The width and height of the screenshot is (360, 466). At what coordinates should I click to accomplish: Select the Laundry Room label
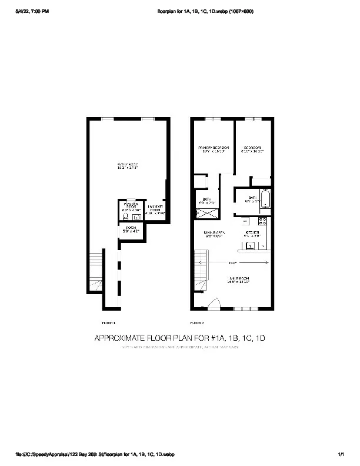155,209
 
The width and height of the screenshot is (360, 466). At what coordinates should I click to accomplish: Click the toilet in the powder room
125,216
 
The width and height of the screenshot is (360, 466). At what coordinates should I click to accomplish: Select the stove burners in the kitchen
262,222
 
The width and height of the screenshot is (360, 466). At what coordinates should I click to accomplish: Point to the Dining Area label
214,234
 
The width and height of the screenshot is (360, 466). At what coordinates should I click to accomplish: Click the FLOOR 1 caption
108,323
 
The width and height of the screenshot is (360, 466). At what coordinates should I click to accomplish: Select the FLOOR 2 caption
197,323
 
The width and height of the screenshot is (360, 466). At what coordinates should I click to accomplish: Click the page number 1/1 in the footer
341,455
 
